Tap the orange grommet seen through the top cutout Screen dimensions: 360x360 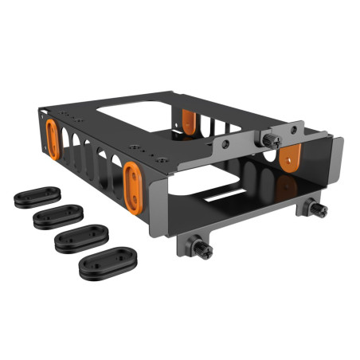click(188, 119)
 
